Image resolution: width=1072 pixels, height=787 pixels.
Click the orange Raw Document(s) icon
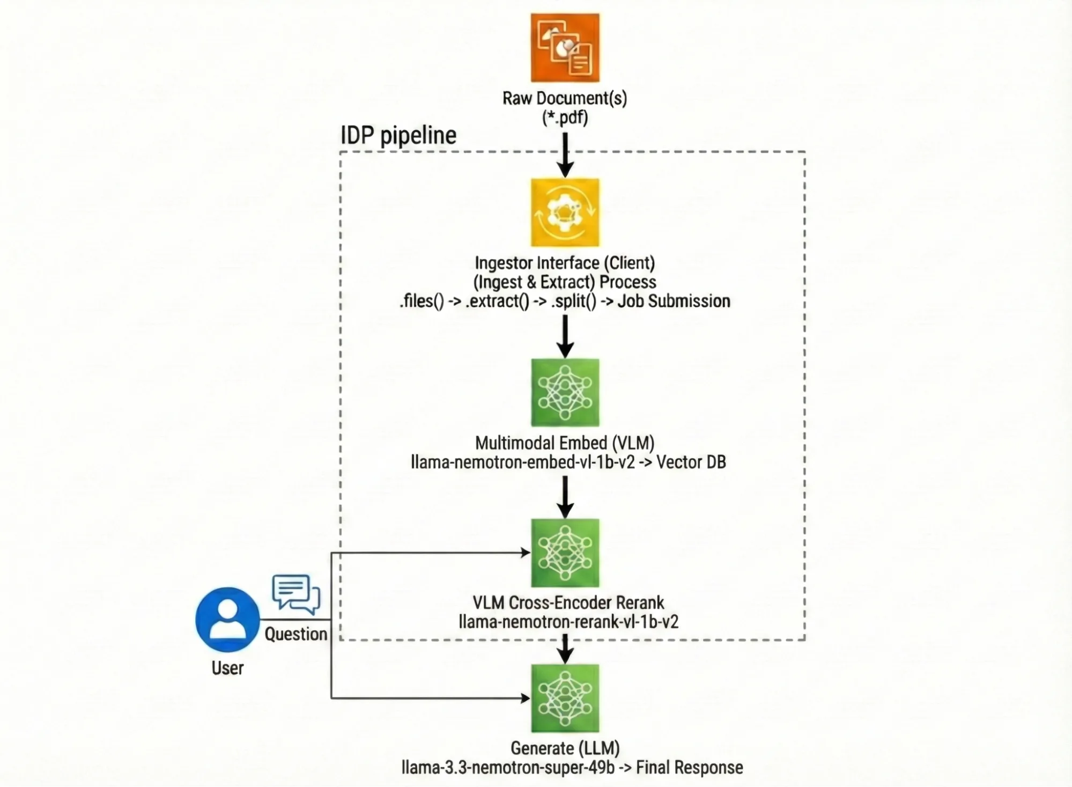[x=565, y=48]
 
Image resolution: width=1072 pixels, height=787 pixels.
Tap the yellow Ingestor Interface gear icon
[x=565, y=212]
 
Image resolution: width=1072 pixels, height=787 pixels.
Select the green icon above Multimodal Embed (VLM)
[x=565, y=392]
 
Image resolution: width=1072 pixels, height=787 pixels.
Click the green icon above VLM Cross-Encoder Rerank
[x=565, y=553]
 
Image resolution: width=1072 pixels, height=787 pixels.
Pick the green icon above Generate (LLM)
[x=565, y=698]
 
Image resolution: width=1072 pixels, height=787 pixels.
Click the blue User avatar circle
[x=227, y=620]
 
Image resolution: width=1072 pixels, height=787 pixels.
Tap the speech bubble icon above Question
[x=296, y=594]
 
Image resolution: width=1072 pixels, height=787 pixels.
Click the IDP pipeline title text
[x=398, y=135]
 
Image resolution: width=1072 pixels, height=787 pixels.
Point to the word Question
[x=295, y=634]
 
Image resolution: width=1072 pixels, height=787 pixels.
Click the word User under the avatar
[x=227, y=668]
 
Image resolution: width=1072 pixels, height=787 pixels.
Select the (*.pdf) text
[x=565, y=117]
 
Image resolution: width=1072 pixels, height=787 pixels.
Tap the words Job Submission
[x=674, y=301]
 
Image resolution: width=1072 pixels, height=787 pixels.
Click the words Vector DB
[x=691, y=462]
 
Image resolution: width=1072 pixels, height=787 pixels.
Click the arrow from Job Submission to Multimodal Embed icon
[x=565, y=336]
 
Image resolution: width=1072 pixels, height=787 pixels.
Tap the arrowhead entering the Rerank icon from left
[x=525, y=553]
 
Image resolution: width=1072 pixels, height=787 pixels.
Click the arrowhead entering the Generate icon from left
[x=525, y=698]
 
